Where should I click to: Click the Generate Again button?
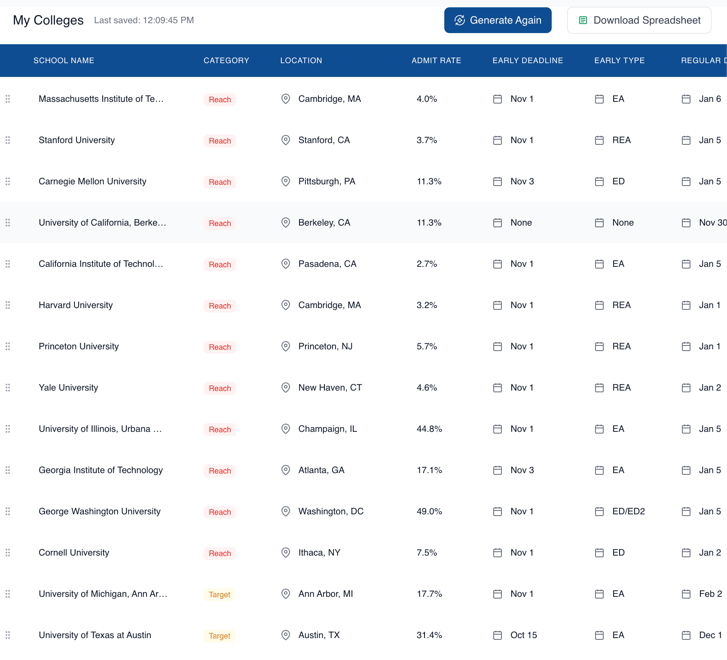click(498, 20)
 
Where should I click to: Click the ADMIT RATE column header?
click(436, 61)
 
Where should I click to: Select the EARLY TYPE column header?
click(619, 61)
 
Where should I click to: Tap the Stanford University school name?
click(76, 140)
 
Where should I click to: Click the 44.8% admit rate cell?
click(429, 429)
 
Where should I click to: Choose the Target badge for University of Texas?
click(220, 636)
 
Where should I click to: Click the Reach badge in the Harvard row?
click(220, 306)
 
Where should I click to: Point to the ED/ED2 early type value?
click(628, 511)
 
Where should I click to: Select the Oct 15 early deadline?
click(523, 635)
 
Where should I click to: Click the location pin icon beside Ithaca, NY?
click(285, 553)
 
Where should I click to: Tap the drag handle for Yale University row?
click(8, 388)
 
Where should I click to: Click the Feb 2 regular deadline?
click(710, 594)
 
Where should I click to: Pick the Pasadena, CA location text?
click(327, 264)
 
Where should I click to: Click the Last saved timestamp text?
click(144, 20)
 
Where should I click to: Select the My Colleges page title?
click(48, 20)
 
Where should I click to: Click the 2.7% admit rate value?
click(427, 264)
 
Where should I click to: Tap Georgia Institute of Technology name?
click(101, 470)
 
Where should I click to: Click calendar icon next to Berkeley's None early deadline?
click(497, 223)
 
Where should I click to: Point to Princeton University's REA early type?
click(621, 346)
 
